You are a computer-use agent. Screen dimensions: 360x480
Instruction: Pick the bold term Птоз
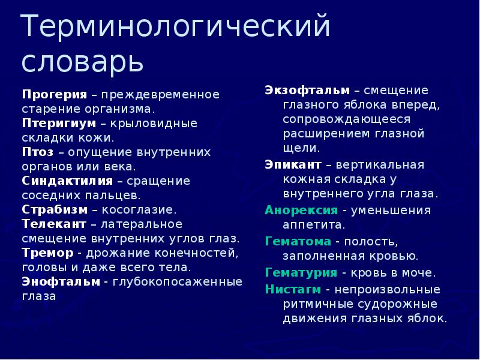point(37,152)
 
